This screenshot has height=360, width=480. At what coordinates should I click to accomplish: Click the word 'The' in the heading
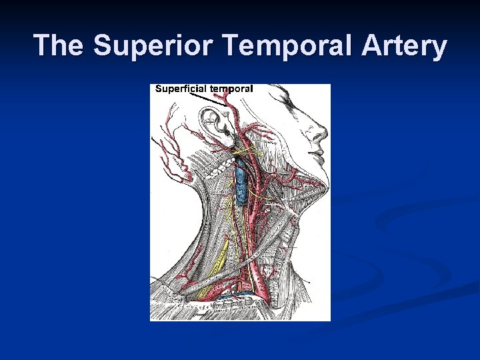(61, 46)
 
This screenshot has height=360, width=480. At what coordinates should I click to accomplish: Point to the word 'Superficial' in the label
(181, 89)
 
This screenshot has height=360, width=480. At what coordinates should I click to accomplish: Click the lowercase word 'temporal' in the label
(231, 89)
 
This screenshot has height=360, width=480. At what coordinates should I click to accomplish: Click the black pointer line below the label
(207, 98)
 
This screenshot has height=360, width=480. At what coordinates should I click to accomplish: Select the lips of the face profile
(318, 157)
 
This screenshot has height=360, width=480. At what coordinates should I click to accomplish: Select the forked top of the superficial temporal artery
(230, 100)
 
